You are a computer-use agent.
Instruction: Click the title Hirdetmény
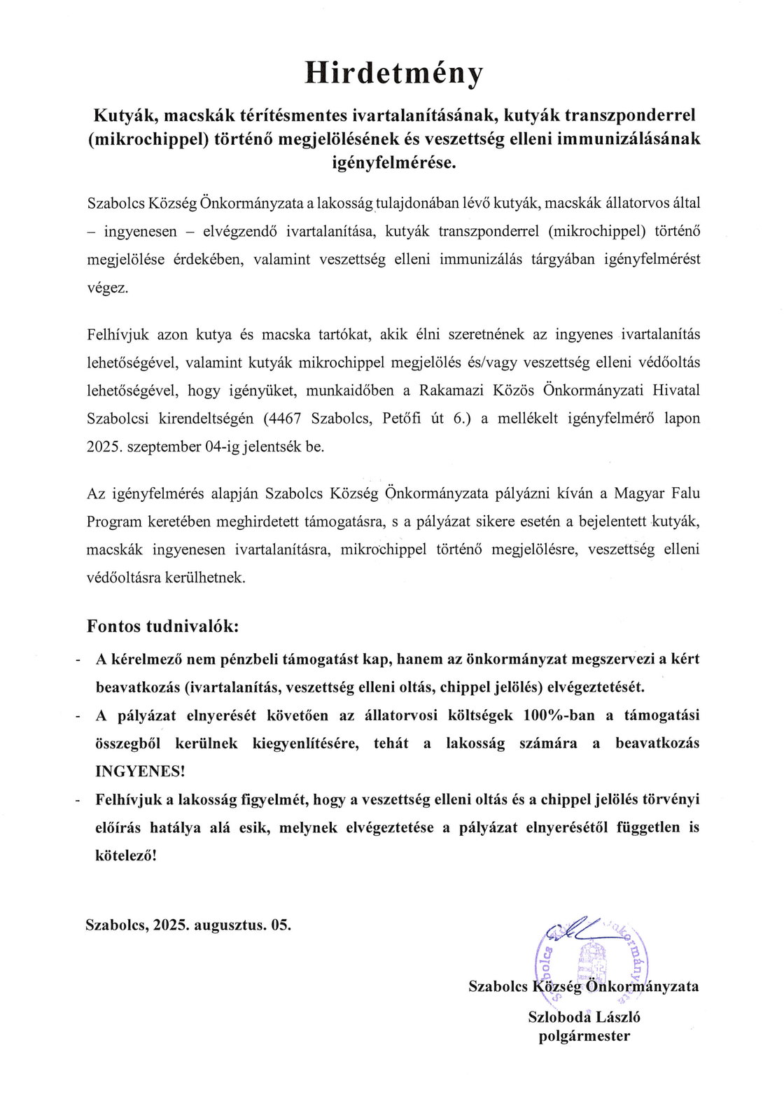[x=393, y=73]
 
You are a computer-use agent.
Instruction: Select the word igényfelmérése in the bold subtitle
[x=393, y=163]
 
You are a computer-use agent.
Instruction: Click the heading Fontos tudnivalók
[x=162, y=626]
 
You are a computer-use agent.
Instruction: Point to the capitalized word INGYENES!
[x=140, y=771]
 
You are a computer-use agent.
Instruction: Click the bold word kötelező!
[x=126, y=855]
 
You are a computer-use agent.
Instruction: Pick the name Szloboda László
[x=584, y=1017]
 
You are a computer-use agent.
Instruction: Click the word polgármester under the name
[x=584, y=1036]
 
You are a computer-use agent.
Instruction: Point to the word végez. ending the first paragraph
[x=107, y=288]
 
